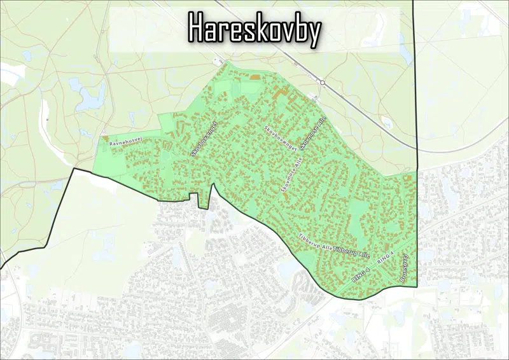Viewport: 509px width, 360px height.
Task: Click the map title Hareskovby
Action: [254, 29]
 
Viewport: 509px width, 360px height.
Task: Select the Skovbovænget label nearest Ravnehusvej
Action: [204, 138]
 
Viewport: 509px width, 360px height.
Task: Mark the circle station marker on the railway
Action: [323, 83]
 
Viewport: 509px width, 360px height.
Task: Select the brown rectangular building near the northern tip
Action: [255, 77]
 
